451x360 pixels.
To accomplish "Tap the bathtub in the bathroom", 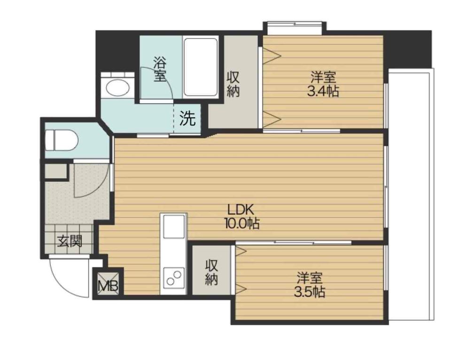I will click(x=201, y=67).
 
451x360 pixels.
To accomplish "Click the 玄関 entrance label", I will click(x=70, y=241).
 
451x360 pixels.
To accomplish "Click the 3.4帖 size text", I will click(x=323, y=91).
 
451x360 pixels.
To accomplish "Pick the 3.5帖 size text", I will click(x=309, y=292).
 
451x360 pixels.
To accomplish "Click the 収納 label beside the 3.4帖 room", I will click(x=233, y=84).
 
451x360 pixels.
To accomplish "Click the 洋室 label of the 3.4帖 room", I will click(x=323, y=77).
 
